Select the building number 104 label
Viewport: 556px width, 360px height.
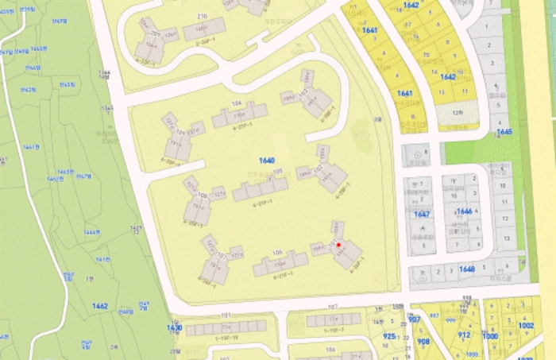pos(236,104)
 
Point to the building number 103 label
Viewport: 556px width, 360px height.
pos(303,93)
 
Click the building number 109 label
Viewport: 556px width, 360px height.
pos(180,132)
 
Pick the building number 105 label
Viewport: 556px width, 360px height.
pos(278,171)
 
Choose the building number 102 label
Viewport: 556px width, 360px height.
pos(319,168)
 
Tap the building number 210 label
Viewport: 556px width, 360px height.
pos(202,17)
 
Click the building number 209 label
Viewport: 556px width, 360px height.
pos(155,35)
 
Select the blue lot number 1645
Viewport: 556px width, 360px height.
pos(504,132)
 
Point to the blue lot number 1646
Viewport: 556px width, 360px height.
pos(465,211)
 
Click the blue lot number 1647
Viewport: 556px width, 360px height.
pos(422,215)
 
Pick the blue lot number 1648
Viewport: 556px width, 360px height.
pos(466,269)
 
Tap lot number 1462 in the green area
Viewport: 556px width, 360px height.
pos(100,306)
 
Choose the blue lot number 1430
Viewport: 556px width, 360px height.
pos(174,327)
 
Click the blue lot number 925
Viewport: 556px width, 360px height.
pos(389,337)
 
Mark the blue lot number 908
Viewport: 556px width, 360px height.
pos(423,342)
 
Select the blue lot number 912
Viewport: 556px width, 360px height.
pos(465,335)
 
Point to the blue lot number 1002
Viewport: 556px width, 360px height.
pos(526,325)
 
